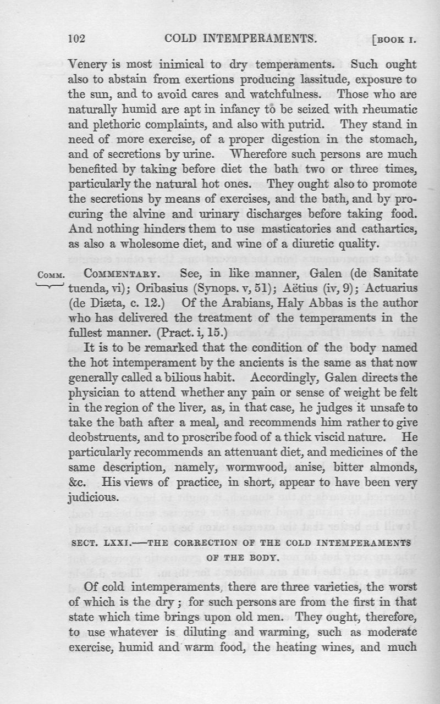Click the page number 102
76,39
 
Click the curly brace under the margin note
50,285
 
